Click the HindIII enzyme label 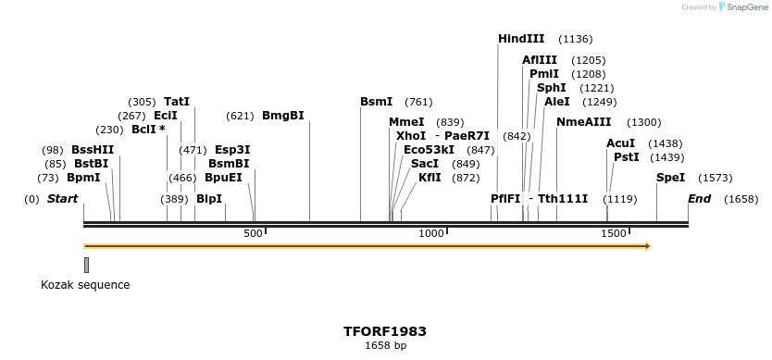[521, 39]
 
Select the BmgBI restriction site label [282, 116]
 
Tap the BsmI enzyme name [376, 102]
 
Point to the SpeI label [670, 177]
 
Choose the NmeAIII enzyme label [583, 122]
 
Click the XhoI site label [411, 136]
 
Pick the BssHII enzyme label [93, 150]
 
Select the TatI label [177, 102]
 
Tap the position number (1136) [575, 40]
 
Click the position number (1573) [715, 178]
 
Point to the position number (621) [240, 117]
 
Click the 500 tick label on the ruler [254, 234]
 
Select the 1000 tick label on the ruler [432, 234]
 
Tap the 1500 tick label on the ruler [614, 234]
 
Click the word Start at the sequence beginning [62, 199]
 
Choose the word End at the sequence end [699, 199]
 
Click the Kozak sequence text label [85, 285]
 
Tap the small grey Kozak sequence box [86, 265]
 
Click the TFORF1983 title [385, 330]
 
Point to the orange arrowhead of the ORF [647, 246]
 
